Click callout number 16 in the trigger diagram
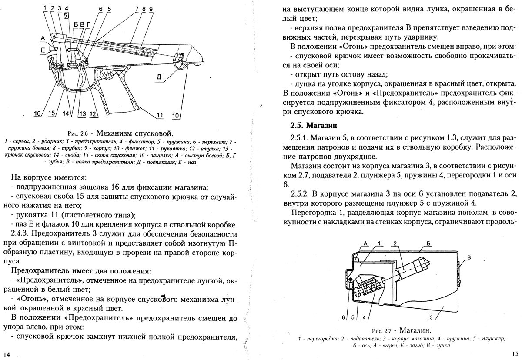[x=38, y=114]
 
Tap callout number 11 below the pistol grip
[x=160, y=115]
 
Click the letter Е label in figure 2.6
[x=43, y=51]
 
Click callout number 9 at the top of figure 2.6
[x=151, y=9]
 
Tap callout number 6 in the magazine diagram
[x=343, y=317]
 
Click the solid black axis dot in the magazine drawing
[x=351, y=279]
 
